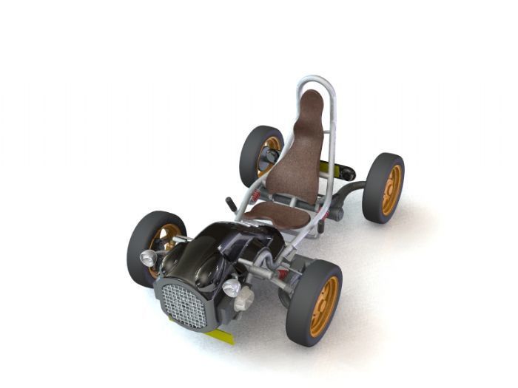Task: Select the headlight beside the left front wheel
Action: (149, 257)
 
